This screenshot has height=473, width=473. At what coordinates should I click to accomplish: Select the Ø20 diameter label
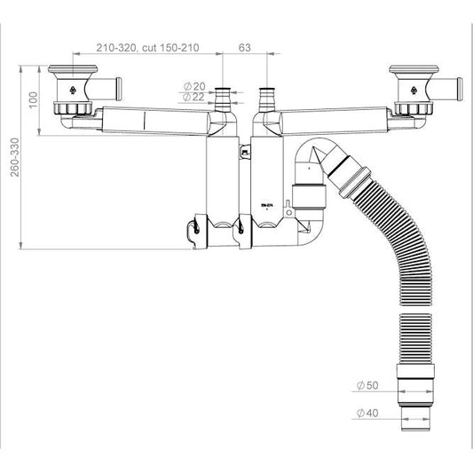tap(193, 85)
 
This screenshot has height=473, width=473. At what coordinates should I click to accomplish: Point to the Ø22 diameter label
tap(193, 97)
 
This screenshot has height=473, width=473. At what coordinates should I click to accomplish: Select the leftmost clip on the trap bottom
tap(194, 233)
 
